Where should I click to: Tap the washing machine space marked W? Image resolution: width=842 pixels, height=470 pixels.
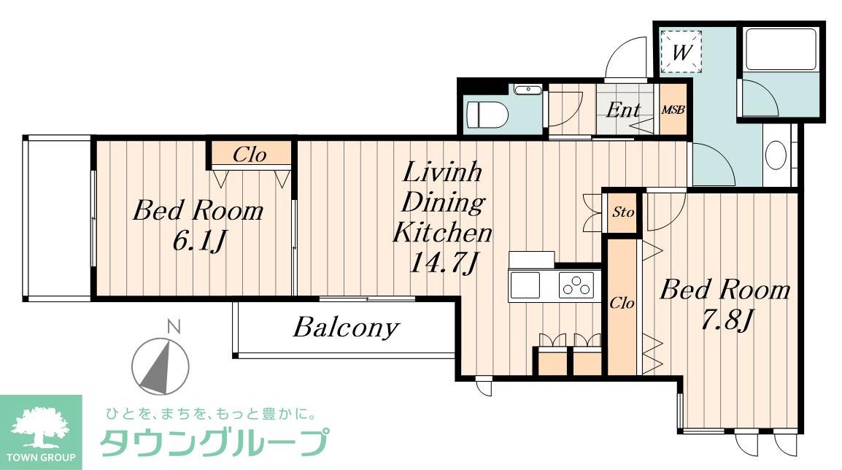pyautogui.click(x=681, y=52)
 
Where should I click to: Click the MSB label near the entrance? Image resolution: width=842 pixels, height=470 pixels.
pyautogui.click(x=672, y=111)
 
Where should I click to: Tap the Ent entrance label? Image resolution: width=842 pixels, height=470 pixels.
pyautogui.click(x=624, y=111)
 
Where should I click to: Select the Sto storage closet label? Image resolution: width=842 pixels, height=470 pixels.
pyautogui.click(x=622, y=212)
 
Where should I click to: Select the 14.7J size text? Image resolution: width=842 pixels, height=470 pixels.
pyautogui.click(x=442, y=261)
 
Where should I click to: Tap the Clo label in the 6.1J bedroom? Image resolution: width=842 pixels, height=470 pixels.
pyautogui.click(x=250, y=155)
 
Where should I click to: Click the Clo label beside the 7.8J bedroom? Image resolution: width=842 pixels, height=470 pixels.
pyautogui.click(x=622, y=303)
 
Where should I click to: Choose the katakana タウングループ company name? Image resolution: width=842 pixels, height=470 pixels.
pyautogui.click(x=213, y=442)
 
